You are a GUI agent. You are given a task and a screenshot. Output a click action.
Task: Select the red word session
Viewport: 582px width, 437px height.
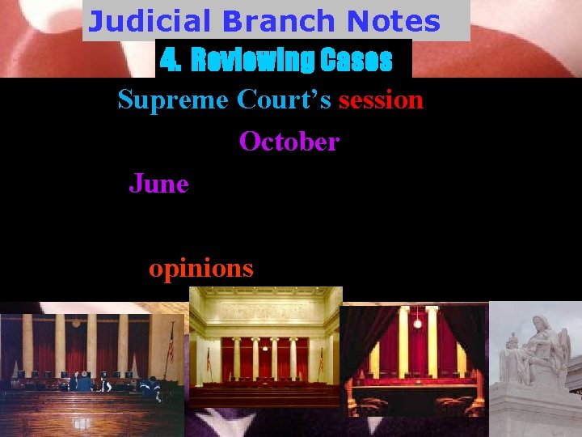381,100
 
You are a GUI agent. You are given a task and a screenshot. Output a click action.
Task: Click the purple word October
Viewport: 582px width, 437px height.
289,142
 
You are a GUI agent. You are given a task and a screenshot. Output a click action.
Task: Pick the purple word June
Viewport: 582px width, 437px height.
158,185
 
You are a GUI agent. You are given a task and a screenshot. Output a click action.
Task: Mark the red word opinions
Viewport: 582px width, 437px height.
200,268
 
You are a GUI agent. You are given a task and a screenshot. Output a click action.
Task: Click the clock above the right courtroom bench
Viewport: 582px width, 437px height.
417,322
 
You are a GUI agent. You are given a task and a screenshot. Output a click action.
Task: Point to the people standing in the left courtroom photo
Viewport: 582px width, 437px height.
85,380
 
